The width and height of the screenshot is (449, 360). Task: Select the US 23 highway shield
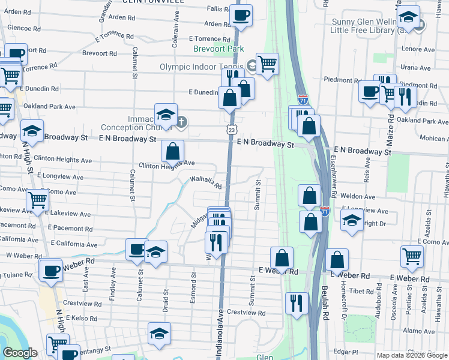(x=232, y=130)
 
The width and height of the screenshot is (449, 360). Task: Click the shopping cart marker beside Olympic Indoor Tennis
(x=267, y=64)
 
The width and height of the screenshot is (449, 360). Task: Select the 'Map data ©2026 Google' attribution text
(x=412, y=355)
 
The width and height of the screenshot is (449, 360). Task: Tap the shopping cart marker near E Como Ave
(x=412, y=256)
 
